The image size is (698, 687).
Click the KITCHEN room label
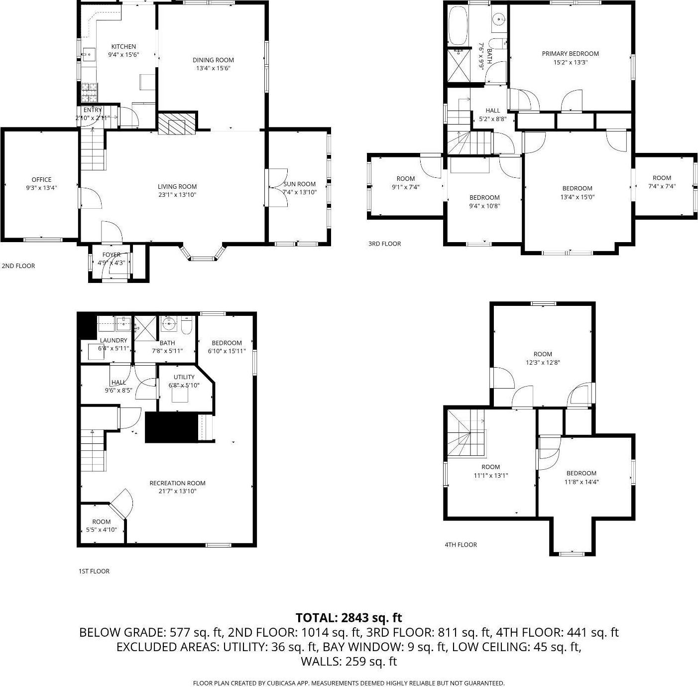click(123, 46)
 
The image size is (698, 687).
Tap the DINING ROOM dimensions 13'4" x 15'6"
click(213, 68)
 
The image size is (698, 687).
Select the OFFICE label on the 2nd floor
click(41, 179)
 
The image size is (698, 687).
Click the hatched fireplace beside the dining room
click(176, 123)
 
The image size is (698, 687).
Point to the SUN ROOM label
click(299, 184)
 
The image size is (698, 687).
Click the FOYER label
click(112, 255)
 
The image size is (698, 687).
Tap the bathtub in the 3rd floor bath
click(458, 25)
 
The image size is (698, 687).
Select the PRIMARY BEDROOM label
click(570, 53)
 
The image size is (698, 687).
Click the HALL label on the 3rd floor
click(492, 111)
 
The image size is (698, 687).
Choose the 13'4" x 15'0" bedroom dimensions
click(578, 197)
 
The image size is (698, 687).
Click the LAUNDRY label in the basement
click(114, 340)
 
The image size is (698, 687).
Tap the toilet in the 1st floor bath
click(187, 326)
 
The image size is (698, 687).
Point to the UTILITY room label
click(184, 377)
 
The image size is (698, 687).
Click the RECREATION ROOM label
click(177, 483)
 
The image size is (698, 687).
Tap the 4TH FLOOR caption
click(461, 545)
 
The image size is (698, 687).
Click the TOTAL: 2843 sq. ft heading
click(349, 618)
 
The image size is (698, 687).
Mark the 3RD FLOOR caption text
click(384, 244)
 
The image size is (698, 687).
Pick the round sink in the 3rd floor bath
click(499, 19)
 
